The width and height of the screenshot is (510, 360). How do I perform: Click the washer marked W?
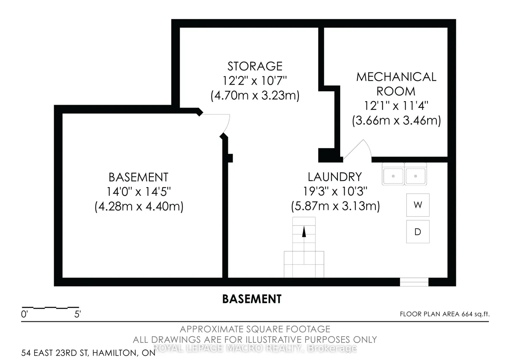(418, 205)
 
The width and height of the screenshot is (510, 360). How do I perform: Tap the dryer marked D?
(418, 232)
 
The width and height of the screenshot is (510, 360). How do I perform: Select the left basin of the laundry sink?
(393, 176)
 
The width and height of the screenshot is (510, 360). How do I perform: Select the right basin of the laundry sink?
(416, 176)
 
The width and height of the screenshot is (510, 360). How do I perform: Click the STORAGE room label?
(255, 66)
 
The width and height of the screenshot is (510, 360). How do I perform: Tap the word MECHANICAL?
(396, 77)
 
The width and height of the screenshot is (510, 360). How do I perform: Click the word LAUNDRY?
(335, 177)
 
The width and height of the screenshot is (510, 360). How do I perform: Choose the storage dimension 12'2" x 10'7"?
(255, 80)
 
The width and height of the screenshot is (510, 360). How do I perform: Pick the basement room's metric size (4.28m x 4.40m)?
(139, 206)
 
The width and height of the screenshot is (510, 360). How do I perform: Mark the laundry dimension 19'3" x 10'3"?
(335, 192)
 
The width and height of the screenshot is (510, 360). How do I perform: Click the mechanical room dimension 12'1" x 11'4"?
(396, 106)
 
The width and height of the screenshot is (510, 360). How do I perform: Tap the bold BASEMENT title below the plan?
(252, 299)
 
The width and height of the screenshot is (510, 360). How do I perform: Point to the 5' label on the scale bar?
(77, 314)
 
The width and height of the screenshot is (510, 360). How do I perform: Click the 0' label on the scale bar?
(24, 314)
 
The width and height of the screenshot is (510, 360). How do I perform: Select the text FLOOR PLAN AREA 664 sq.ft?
(445, 314)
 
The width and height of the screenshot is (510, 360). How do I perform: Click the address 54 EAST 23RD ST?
(55, 353)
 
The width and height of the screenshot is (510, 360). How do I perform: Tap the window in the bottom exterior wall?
(414, 282)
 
